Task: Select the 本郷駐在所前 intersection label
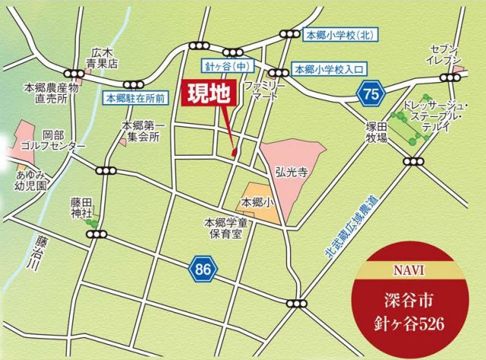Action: pyautogui.click(x=135, y=97)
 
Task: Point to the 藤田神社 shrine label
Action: pyautogui.click(x=80, y=207)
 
